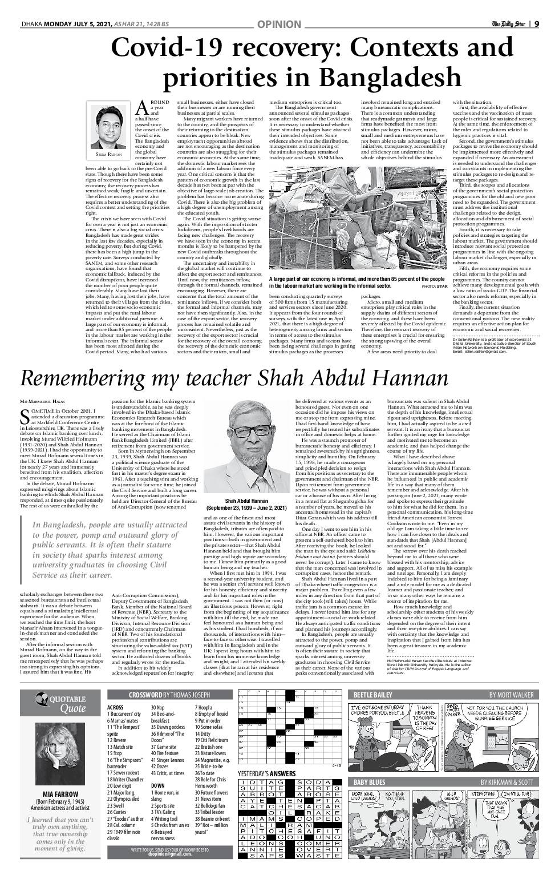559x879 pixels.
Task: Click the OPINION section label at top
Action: (279, 24)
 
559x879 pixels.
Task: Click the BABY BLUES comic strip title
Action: (370, 782)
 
